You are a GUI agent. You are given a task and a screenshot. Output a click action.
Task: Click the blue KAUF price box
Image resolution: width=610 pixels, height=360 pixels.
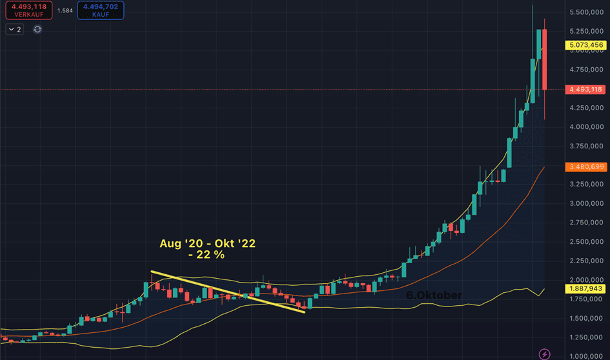100,10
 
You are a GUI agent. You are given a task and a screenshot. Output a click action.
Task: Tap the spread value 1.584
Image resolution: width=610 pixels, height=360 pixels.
65,10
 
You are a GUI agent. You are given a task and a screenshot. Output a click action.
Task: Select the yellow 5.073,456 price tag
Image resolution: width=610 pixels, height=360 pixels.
584,45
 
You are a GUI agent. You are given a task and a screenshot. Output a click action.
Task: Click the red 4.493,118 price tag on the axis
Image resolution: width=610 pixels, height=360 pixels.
584,90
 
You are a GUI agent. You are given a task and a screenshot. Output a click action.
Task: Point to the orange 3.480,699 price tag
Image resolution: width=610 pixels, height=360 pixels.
584,167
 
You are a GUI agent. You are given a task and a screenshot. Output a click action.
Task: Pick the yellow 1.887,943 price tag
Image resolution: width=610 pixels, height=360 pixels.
584,288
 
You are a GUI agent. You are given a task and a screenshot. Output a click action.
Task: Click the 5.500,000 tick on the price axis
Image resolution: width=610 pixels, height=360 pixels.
586,12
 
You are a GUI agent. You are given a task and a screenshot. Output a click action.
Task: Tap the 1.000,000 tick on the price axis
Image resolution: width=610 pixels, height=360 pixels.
586,355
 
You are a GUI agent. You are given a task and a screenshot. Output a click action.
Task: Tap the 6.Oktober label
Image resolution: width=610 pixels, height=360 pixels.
434,295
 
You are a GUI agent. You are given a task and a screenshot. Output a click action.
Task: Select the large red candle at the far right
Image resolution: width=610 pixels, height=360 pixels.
544,65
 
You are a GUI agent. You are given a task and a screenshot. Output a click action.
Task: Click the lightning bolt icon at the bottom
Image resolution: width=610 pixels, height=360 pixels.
545,353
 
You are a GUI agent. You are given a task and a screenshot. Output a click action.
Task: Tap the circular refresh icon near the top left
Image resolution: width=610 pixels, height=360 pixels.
37,29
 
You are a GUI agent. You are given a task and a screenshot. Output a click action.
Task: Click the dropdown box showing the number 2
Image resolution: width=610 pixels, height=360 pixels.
15,29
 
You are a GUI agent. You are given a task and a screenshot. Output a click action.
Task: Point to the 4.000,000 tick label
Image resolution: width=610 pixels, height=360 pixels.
586,127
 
